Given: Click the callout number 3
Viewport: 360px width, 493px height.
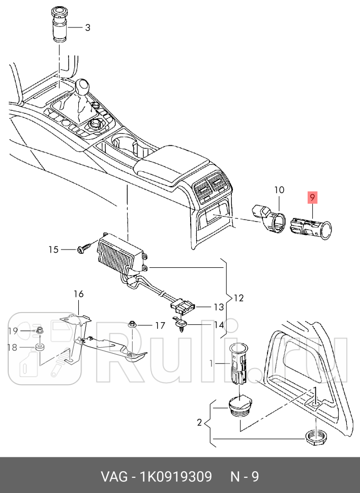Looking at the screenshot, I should [87, 27].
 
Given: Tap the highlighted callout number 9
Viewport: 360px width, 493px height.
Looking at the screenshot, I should [312, 197].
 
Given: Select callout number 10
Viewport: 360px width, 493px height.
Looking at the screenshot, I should [279, 190].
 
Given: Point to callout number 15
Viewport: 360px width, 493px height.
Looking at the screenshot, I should [54, 249].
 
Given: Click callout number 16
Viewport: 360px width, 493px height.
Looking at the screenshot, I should [78, 294].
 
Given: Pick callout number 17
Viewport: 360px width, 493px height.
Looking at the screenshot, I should [160, 325].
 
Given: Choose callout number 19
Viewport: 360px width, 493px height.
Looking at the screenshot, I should [13, 331].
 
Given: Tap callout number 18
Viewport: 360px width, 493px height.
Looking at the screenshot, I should [13, 348].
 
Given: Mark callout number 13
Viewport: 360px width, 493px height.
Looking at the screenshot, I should [218, 307].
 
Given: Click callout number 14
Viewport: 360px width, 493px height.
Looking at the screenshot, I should [218, 325].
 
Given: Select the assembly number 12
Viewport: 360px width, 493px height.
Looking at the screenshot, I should [238, 298].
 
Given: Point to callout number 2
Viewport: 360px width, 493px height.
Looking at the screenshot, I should [200, 422].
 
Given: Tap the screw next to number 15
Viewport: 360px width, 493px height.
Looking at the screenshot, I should [83, 249].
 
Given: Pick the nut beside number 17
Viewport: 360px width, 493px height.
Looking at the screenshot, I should [132, 324].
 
